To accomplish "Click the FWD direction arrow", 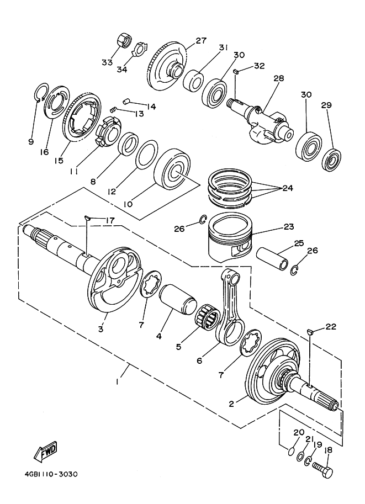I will [46, 451].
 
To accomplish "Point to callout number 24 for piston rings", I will [287, 188].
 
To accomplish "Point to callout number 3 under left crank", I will [101, 329].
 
